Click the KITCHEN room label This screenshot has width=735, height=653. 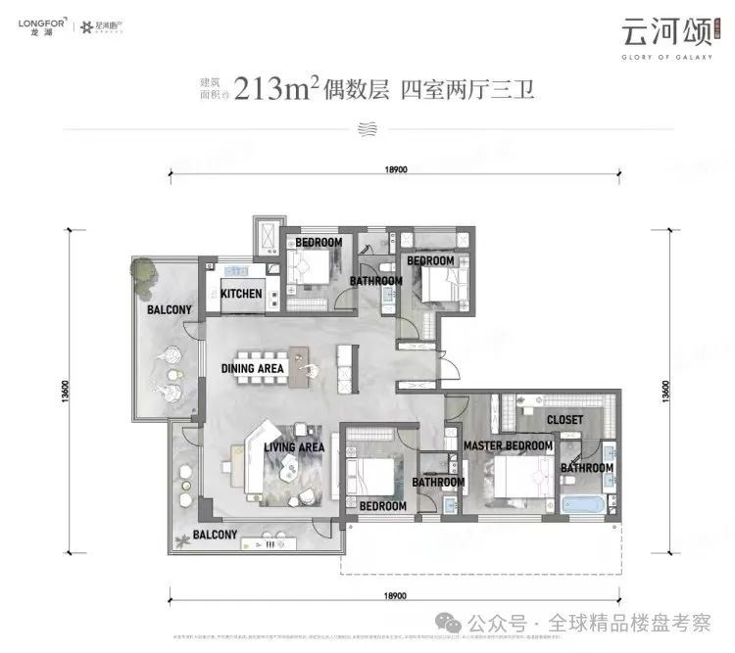241,294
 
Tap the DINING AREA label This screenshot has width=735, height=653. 252,368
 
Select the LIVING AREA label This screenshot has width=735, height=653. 294,447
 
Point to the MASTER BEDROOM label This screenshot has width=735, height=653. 509,446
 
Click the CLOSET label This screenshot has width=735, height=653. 564,420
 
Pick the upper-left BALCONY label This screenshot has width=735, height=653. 169,310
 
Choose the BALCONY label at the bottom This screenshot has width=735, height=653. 215,535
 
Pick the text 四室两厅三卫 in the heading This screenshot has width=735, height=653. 471,92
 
